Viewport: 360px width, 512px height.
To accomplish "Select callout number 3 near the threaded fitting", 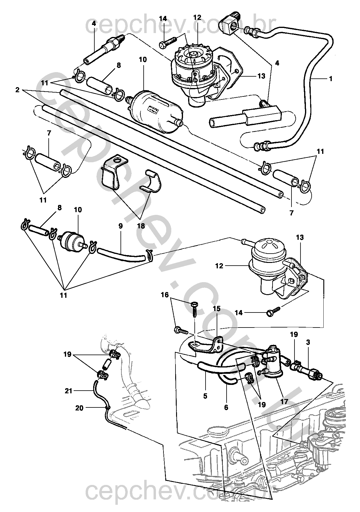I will tap(308, 342).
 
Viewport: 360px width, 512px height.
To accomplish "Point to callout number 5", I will tap(205, 396).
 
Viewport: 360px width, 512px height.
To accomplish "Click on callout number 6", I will tap(226, 407).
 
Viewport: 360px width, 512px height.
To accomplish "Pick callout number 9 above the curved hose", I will tap(121, 226).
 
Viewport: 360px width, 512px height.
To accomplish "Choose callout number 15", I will tap(217, 309).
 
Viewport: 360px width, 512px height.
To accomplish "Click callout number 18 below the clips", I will tap(141, 226).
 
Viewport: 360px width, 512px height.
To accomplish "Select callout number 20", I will tap(79, 408).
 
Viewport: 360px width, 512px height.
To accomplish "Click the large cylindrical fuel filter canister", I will tap(156, 111).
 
